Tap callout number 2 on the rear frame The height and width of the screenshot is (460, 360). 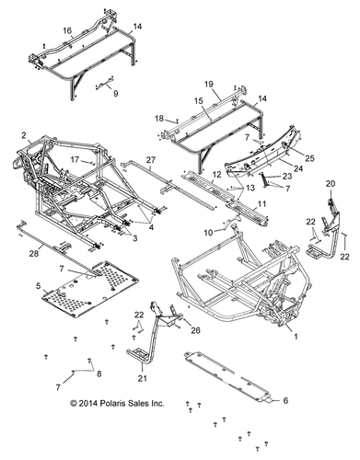22,135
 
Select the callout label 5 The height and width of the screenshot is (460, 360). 38,286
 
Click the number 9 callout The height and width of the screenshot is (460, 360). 116,93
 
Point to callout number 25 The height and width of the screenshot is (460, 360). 308,159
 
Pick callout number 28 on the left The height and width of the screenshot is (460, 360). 33,253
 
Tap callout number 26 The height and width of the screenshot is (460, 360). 195,330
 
